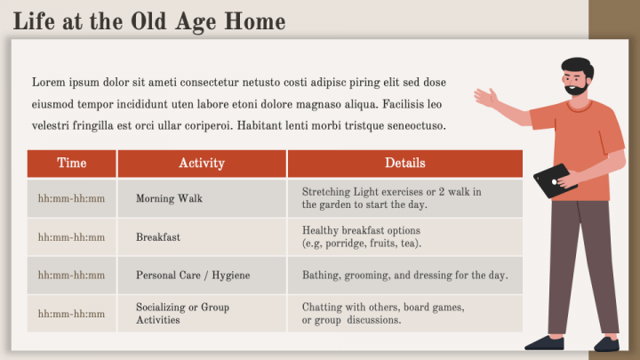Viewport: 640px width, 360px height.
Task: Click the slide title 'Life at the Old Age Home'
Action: point(149,21)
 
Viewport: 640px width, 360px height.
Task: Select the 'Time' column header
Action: point(72,164)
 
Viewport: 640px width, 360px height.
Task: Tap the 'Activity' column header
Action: point(202,164)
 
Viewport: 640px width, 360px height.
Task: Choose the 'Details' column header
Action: point(404,164)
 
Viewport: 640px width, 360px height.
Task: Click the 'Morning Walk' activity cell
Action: point(169,198)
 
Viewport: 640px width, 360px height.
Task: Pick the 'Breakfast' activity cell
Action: point(158,237)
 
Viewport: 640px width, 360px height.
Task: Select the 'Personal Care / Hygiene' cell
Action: point(193,276)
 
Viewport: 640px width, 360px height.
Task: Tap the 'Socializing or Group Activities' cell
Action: point(182,313)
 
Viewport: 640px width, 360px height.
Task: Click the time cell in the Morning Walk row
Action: point(71,198)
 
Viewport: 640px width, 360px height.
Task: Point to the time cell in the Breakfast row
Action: point(71,237)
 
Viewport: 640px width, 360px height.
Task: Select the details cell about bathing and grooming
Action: point(404,276)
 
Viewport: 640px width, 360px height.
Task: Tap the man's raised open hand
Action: point(485,97)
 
